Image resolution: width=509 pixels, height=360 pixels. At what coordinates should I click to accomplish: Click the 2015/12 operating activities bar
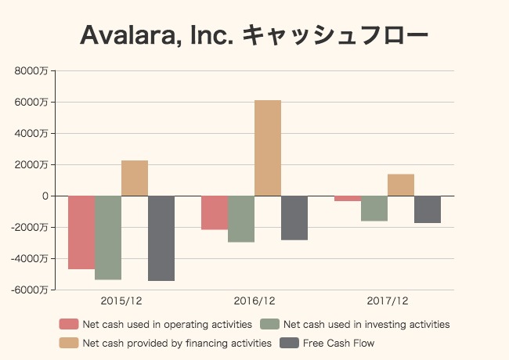pos(81,232)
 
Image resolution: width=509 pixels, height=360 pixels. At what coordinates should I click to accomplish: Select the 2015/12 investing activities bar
pos(108,237)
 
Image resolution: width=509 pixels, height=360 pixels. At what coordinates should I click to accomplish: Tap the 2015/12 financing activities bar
pos(135,178)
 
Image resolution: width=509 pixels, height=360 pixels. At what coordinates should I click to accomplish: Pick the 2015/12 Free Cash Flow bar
pos(161,238)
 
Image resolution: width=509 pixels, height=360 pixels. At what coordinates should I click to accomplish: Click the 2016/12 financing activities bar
pos(268,148)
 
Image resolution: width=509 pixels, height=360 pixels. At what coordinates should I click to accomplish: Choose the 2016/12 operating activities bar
pos(215,213)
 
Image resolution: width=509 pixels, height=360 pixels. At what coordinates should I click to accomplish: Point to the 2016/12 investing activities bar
pos(241,219)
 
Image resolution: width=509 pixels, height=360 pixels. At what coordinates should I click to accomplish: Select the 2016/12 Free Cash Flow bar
pos(294,218)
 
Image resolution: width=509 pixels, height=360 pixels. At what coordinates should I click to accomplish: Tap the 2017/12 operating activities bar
pos(348,199)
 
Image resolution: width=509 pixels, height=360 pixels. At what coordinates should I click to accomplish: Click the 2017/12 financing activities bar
pos(401,185)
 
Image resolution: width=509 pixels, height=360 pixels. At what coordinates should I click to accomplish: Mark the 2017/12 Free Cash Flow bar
pos(428,210)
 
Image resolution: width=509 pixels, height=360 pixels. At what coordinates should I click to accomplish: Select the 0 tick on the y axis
pos(45,196)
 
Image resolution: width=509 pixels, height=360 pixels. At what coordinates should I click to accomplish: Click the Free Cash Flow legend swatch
pos(290,343)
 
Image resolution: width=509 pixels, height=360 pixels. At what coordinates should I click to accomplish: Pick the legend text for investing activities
pos(366,324)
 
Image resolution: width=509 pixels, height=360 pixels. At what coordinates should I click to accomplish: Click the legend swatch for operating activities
pos(69,324)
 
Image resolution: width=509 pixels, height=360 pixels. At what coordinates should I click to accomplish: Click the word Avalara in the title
pos(128,36)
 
